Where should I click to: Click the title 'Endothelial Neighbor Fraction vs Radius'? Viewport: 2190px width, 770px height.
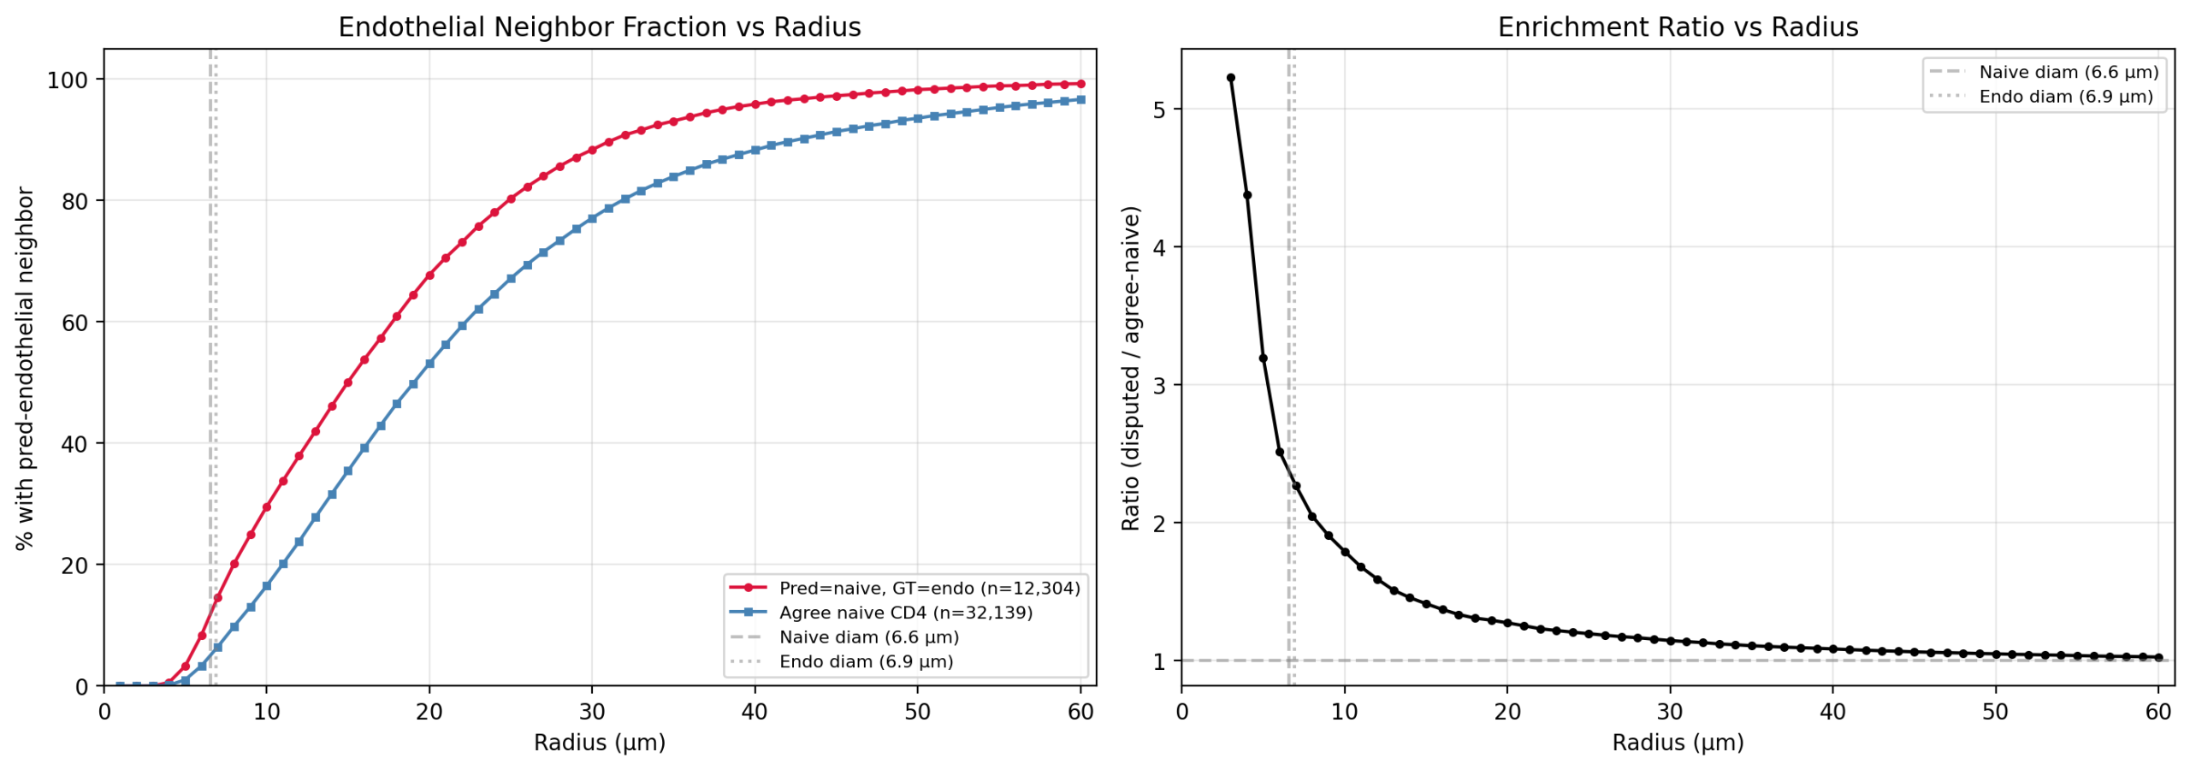click(x=599, y=27)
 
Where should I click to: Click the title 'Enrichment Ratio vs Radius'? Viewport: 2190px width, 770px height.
click(x=1677, y=27)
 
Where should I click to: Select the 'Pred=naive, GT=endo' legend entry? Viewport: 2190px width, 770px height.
click(x=928, y=588)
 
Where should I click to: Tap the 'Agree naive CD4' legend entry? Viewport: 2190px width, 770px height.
click(x=905, y=613)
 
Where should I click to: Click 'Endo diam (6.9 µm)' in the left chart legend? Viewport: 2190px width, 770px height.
click(x=866, y=661)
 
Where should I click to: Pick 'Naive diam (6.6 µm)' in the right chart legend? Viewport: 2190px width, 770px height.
click(x=2068, y=72)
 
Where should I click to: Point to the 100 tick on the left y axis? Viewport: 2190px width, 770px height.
click(x=68, y=80)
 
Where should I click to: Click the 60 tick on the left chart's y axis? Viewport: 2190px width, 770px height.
click(x=74, y=323)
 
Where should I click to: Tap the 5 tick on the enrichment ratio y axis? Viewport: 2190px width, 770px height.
click(x=1159, y=110)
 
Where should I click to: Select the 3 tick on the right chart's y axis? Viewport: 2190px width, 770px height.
click(x=1159, y=385)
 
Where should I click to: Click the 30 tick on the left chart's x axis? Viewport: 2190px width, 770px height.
click(x=592, y=712)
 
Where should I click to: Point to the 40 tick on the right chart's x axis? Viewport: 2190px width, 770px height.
click(x=1832, y=712)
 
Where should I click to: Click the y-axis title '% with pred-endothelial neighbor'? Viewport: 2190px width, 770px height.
click(x=26, y=368)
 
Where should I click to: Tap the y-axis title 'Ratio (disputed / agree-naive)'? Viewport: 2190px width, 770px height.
click(x=1131, y=368)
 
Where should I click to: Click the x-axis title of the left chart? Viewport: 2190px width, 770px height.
click(x=599, y=743)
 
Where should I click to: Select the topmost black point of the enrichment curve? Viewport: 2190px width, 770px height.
click(x=1230, y=78)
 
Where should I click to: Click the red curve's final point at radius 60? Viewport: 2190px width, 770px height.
click(x=1080, y=84)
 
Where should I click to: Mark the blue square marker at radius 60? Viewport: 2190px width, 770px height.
click(x=1080, y=100)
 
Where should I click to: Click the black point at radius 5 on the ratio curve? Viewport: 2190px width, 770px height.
click(x=1263, y=358)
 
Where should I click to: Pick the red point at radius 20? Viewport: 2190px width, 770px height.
click(x=429, y=275)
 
